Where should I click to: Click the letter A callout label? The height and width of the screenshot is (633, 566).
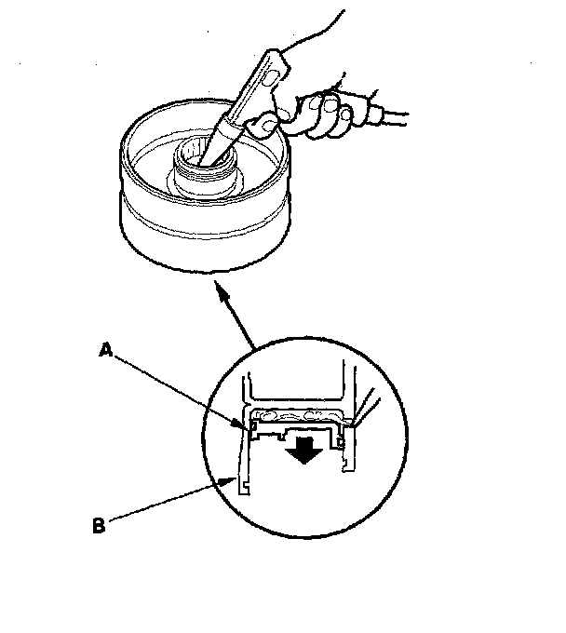pos(108,352)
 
